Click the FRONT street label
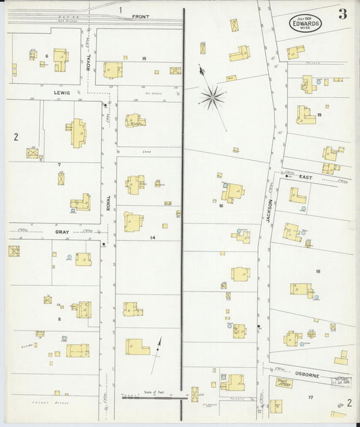coord(140,16)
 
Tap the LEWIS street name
coord(63,93)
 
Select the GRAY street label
coord(63,232)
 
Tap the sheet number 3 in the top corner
coord(343,15)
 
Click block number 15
coord(145,59)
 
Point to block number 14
coord(153,238)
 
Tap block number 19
coord(319,115)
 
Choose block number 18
coord(317,271)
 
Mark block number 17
coord(311,397)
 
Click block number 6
coord(46,55)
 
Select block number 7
coord(59,164)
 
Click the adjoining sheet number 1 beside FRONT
coord(120,9)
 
